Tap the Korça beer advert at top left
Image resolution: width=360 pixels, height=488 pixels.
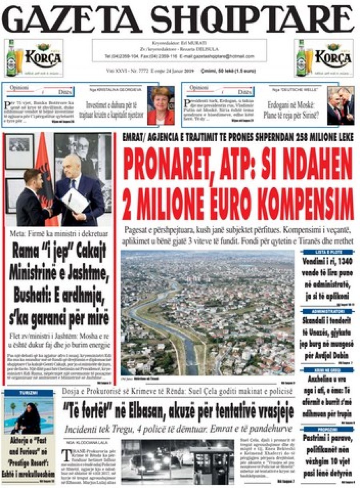click(34, 58)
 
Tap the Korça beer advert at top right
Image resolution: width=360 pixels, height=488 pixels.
click(324, 58)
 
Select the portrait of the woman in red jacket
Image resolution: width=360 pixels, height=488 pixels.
click(160, 106)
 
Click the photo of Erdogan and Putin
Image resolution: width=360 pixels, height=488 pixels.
click(340, 106)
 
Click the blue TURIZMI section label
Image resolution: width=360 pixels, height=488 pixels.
click(29, 393)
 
